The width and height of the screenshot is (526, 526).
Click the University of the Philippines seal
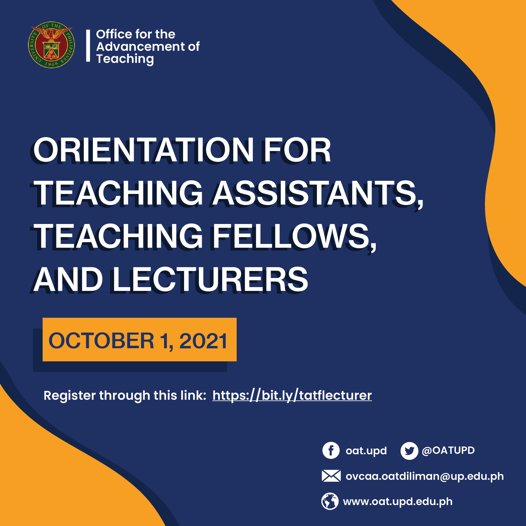(x=51, y=45)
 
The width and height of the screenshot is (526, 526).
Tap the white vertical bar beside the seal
(x=88, y=46)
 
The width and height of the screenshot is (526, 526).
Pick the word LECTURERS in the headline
(x=210, y=280)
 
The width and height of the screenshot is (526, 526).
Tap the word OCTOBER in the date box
(x=101, y=341)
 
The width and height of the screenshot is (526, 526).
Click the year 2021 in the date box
(x=203, y=341)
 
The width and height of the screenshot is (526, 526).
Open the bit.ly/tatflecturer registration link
(x=292, y=395)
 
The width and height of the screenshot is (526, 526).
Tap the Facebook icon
(x=331, y=450)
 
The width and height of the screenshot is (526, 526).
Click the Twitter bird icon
(x=409, y=451)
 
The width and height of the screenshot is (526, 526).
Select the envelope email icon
(x=331, y=476)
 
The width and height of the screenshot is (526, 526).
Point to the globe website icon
(x=330, y=501)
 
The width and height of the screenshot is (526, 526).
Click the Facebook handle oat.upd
(x=366, y=451)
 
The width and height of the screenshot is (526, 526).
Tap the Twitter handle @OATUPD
(x=448, y=450)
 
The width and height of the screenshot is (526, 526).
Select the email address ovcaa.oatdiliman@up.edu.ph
(x=424, y=476)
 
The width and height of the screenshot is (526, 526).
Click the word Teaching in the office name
(x=125, y=59)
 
